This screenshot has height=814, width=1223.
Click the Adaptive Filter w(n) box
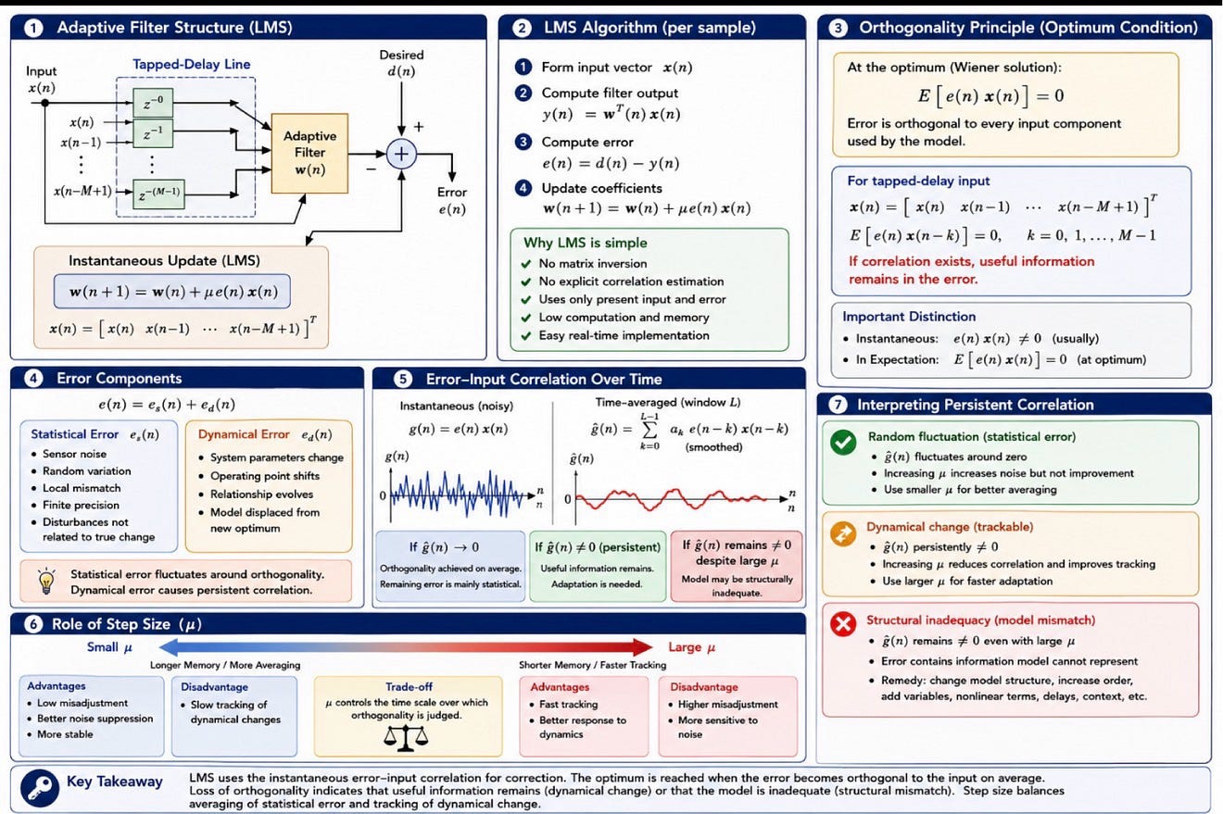pyautogui.click(x=309, y=154)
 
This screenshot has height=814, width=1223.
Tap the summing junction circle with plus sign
pyautogui.click(x=401, y=154)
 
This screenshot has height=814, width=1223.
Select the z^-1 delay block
pyautogui.click(x=153, y=133)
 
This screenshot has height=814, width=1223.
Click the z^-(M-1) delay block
pyautogui.click(x=158, y=194)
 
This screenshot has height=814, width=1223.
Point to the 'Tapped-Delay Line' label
pyautogui.click(x=192, y=64)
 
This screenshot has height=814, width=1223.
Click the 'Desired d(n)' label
pyautogui.click(x=401, y=63)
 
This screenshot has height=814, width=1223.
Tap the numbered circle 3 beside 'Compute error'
pyautogui.click(x=523, y=142)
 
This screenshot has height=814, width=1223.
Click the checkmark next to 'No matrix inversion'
pyautogui.click(x=525, y=264)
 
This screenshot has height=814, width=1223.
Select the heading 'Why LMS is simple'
pyautogui.click(x=586, y=243)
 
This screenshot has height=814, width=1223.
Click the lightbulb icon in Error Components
pyautogui.click(x=46, y=581)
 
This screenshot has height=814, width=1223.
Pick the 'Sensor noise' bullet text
pyautogui.click(x=75, y=454)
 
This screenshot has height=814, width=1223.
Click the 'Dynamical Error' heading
pyautogui.click(x=244, y=434)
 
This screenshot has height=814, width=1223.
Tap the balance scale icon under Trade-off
pyautogui.click(x=406, y=738)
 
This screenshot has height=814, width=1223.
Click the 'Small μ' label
pyautogui.click(x=109, y=647)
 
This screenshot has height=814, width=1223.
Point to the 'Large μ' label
pyautogui.click(x=692, y=647)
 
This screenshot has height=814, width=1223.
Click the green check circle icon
pyautogui.click(x=843, y=442)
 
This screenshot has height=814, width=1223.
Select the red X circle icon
pyautogui.click(x=843, y=623)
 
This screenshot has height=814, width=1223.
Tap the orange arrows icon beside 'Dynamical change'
pyautogui.click(x=843, y=533)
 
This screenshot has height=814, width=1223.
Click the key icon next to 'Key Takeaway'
pyautogui.click(x=40, y=788)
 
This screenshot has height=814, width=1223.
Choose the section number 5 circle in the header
pyautogui.click(x=403, y=379)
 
